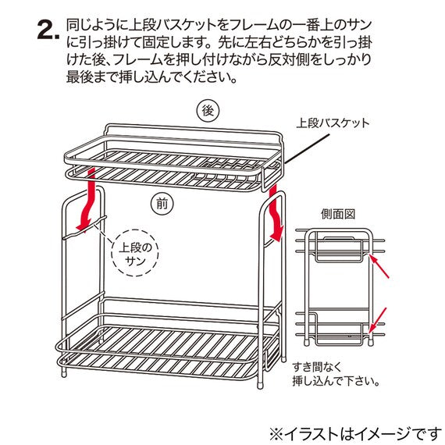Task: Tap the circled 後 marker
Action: [208, 112]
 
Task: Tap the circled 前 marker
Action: [162, 204]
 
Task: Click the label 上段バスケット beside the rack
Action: [333, 123]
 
